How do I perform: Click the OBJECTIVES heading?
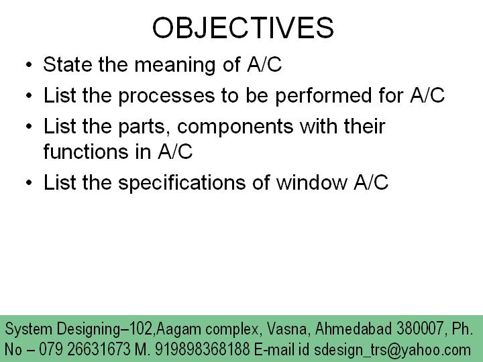pos(243,28)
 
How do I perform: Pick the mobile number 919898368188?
pos(202,349)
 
